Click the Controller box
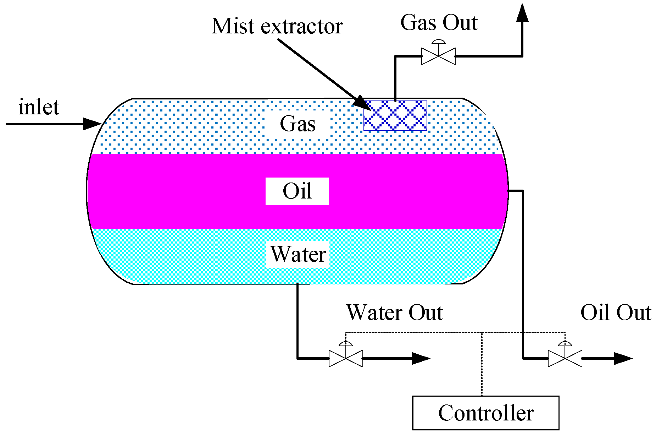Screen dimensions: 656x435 tap(485, 413)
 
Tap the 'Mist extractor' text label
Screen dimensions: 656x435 tap(277, 26)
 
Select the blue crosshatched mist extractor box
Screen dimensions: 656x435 tap(395, 115)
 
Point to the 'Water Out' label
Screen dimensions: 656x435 tap(394, 312)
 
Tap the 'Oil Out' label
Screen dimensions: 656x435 tap(616, 312)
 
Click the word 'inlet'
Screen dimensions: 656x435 tap(39, 107)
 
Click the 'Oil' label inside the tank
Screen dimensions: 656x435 tap(297, 191)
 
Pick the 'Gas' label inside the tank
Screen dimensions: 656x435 tap(298, 124)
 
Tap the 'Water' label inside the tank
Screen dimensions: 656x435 tap(298, 254)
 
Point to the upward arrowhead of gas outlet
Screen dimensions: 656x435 tap(522, 13)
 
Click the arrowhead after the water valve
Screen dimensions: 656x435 tap(421, 358)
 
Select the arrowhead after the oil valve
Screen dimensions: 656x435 tap(623, 358)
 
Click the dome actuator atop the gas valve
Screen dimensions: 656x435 tap(438, 42)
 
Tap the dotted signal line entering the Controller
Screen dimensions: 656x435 tap(482, 364)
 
